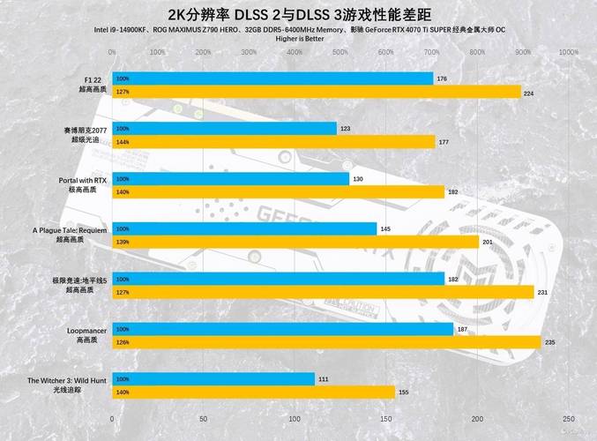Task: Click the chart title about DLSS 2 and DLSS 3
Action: coord(298,13)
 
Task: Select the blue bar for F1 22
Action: coord(272,78)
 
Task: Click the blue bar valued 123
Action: coord(224,129)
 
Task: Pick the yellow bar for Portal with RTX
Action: coord(278,191)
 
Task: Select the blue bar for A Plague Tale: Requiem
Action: coord(244,229)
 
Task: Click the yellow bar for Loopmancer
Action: coord(325,342)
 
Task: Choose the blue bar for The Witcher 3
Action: coord(213,379)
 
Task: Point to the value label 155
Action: coord(404,392)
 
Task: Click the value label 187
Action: coord(463,329)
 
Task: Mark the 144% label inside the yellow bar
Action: coord(123,142)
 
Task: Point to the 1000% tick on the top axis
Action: coord(569,52)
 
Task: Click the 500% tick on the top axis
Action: coord(340,52)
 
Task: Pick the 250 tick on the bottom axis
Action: coord(569,419)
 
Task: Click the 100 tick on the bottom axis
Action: coord(295,419)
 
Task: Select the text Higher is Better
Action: coord(299,39)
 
